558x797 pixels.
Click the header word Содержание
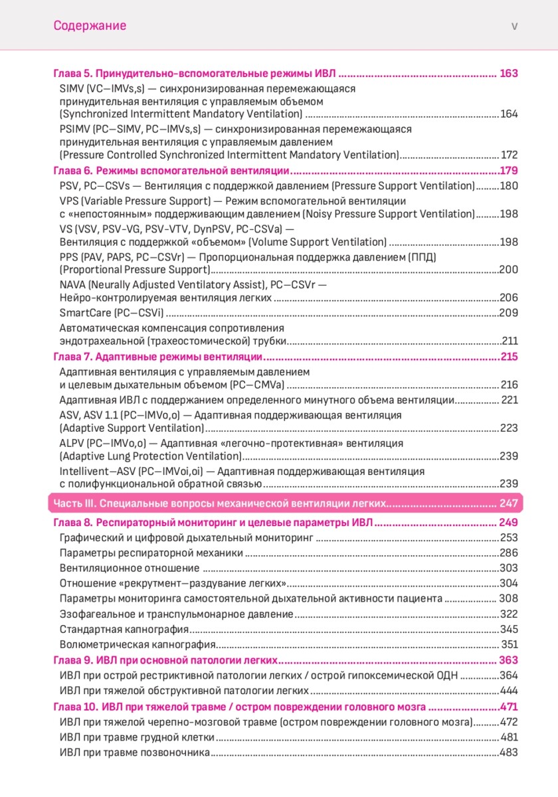[90, 26]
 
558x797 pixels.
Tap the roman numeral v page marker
[514, 26]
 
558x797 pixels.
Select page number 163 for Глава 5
[508, 74]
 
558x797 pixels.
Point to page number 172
[509, 155]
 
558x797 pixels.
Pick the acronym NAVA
[73, 284]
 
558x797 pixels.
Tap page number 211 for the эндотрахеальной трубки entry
[510, 341]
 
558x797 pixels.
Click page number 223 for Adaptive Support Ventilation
[509, 428]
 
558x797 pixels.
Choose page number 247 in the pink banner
[508, 503]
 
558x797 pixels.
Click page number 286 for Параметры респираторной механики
[509, 553]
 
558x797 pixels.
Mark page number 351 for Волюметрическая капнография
[509, 644]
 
